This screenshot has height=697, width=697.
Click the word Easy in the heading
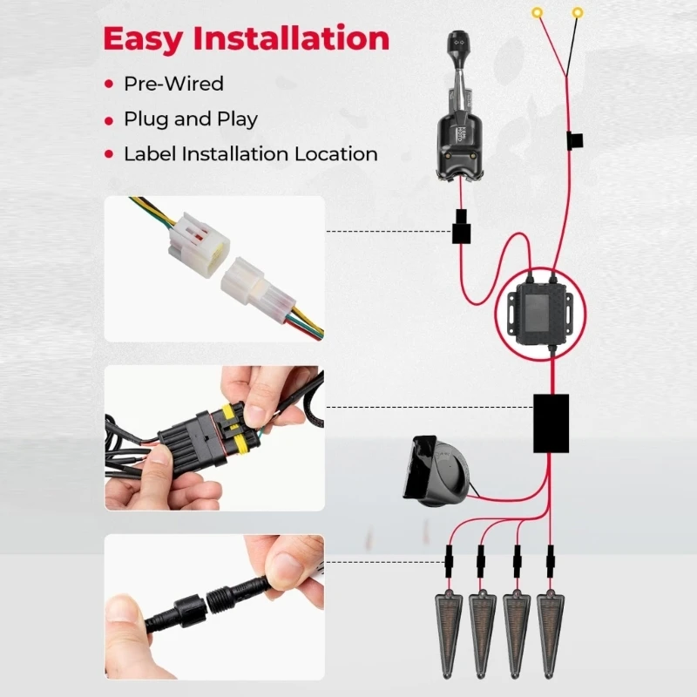click(143, 39)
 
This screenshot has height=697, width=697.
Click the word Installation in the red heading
click(291, 38)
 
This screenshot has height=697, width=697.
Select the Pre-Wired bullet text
click(173, 84)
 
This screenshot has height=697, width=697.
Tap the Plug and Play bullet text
click(191, 119)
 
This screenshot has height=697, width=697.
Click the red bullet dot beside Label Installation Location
click(109, 154)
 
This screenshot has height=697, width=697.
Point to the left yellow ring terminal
click(538, 13)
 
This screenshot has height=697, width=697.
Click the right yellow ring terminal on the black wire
click(578, 13)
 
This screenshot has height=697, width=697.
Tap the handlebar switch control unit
click(459, 106)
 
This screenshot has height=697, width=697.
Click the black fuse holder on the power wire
click(574, 140)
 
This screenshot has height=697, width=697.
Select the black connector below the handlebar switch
click(461, 227)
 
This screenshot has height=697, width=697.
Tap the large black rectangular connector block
click(552, 423)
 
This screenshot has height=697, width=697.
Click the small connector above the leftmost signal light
click(449, 561)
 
